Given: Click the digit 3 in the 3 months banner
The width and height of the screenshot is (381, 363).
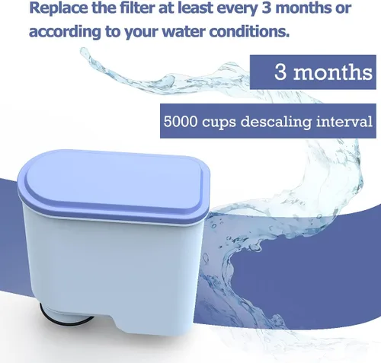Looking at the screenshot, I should [281, 74].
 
